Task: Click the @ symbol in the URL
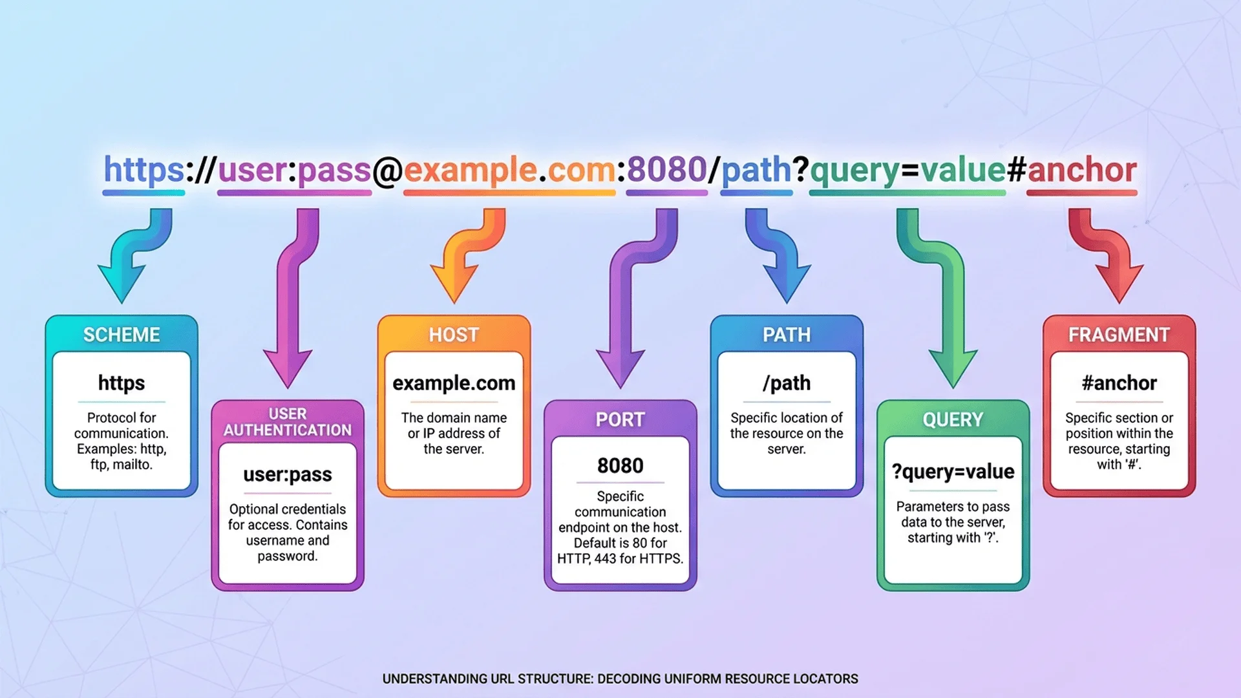387,171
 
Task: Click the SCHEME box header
122,335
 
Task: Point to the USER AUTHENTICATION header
288,422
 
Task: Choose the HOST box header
454,335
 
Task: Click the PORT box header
620,419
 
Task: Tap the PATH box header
787,335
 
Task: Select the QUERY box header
953,419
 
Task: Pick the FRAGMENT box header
1119,335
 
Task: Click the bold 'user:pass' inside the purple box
288,474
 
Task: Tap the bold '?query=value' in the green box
953,472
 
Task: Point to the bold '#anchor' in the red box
1119,383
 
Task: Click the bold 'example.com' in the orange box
454,383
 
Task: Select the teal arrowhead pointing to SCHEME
122,284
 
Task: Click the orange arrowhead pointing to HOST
454,284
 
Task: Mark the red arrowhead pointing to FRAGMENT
1119,284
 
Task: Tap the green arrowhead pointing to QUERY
953,368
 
